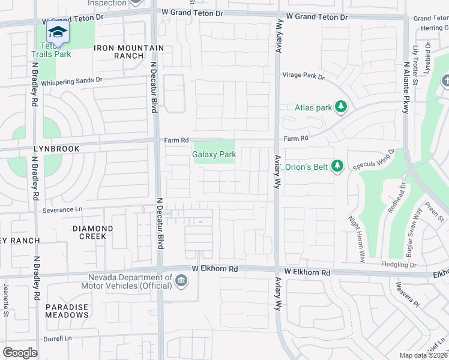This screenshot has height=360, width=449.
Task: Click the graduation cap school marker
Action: pyautogui.click(x=58, y=32)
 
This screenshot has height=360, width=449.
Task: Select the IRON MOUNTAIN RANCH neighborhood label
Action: pyautogui.click(x=128, y=52)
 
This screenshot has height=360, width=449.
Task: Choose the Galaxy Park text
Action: pyautogui.click(x=214, y=154)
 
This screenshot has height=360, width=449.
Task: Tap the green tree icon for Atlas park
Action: pyautogui.click(x=341, y=107)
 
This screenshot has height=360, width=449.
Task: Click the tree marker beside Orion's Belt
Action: pyautogui.click(x=337, y=166)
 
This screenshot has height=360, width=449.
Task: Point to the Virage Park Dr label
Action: pyautogui.click(x=304, y=77)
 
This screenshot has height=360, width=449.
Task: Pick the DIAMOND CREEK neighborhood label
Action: pyautogui.click(x=92, y=232)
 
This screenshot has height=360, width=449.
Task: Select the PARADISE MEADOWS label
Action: pyautogui.click(x=67, y=311)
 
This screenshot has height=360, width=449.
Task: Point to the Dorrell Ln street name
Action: pyautogui.click(x=57, y=338)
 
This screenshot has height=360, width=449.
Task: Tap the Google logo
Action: pyautogui.click(x=20, y=352)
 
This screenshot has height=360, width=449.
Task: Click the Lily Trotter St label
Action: pyautogui.click(x=416, y=60)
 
